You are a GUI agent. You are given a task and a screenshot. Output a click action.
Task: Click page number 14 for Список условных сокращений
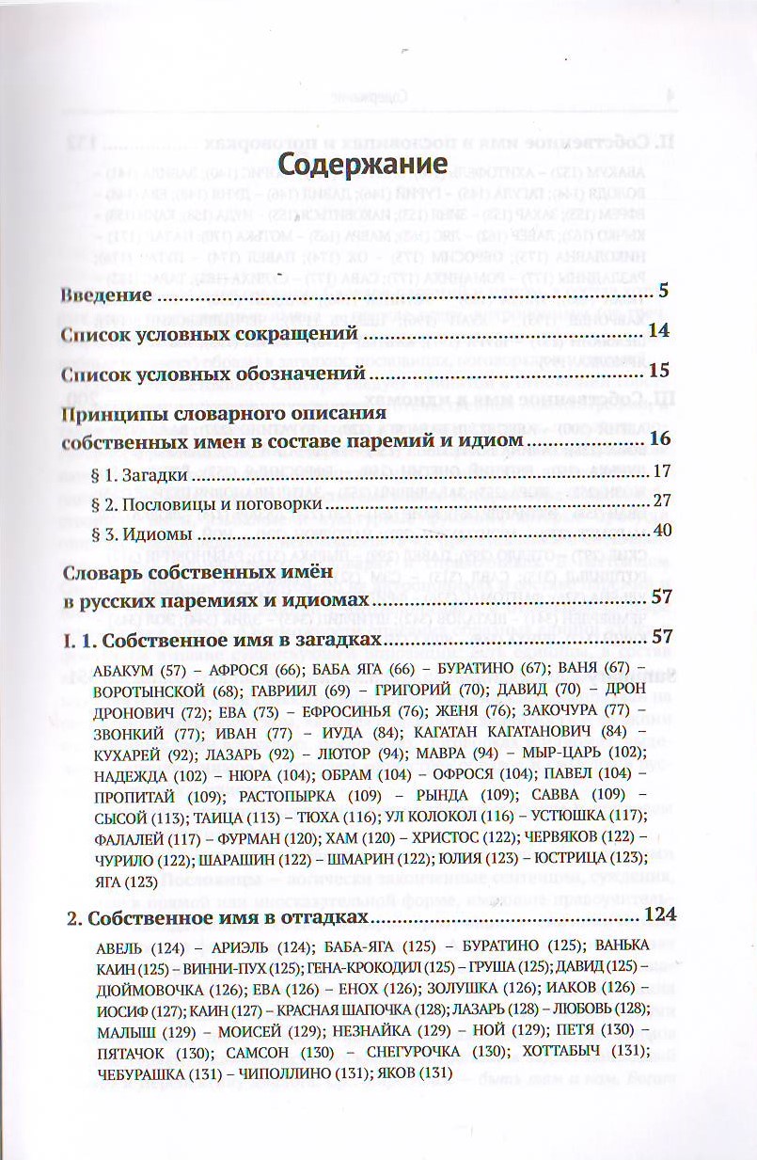point(658,332)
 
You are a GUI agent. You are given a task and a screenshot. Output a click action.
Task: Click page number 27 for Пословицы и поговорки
point(660,502)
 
